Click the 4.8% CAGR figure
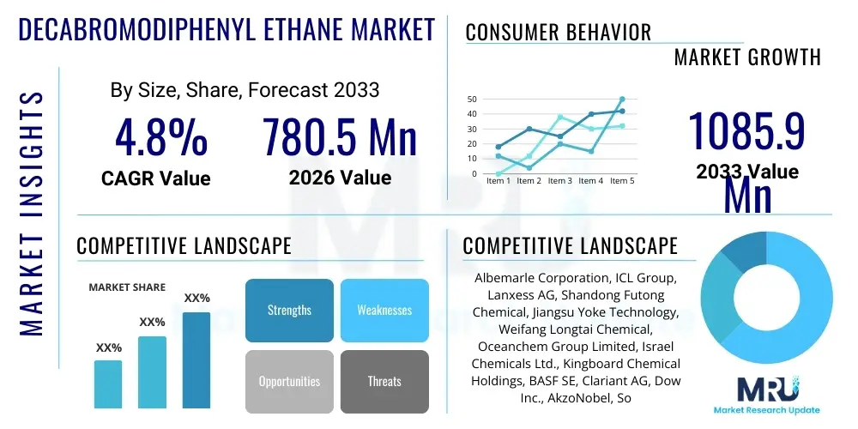tap(161, 138)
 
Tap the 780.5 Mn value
tap(340, 138)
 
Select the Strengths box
tap(289, 311)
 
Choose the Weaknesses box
tap(384, 311)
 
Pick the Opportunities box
tap(289, 381)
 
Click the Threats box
tap(384, 381)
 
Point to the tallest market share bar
tap(196, 360)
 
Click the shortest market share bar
tap(108, 384)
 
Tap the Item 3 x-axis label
tap(560, 181)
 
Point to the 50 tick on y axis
tap(471, 99)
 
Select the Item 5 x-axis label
tap(620, 181)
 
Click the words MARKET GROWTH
tap(747, 57)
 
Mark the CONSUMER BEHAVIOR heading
tap(559, 33)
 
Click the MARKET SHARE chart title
tap(127, 287)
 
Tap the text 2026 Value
tap(340, 178)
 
